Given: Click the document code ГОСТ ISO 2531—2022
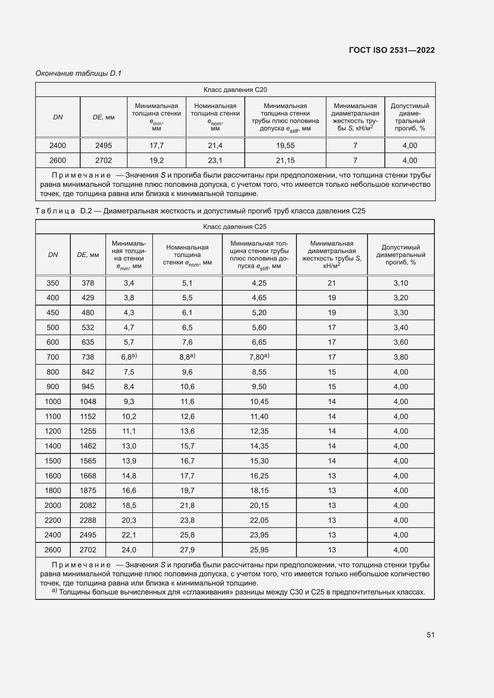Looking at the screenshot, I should click(392, 50).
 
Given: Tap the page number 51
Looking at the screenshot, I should click(430, 635).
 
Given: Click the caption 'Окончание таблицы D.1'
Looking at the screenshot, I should click(79, 73).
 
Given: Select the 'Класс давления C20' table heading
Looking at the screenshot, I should click(235, 90).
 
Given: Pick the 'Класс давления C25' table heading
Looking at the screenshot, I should click(234, 227).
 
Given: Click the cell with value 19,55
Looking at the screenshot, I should click(285, 146).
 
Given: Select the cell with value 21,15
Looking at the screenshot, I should click(285, 161).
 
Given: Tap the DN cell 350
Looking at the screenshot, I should click(53, 283).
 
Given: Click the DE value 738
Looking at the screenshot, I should click(88, 357).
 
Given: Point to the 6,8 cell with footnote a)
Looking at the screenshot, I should click(129, 357).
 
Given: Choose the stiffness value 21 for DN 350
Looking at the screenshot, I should click(332, 283).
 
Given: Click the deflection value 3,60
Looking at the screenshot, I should click(401, 342).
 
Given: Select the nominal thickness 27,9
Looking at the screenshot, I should click(187, 550).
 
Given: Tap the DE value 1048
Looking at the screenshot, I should click(88, 402).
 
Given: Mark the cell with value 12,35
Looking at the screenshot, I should click(259, 432).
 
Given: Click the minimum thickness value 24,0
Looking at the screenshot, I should click(129, 550).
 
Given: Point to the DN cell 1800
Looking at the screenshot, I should click(53, 491).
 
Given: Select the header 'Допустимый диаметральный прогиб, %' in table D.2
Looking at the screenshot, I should click(401, 255).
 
